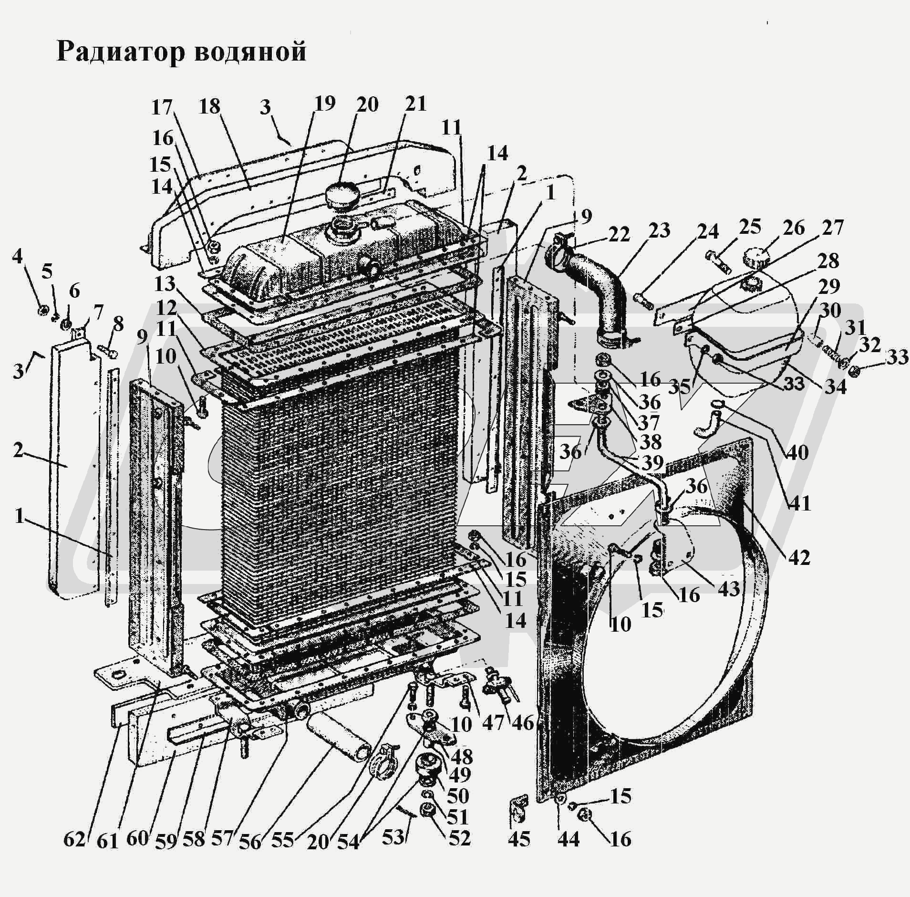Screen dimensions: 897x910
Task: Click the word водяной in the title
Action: pyautogui.click(x=250, y=52)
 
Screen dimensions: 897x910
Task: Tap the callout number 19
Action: pyautogui.click(x=324, y=104)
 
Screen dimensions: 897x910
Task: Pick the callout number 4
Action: pyautogui.click(x=17, y=257)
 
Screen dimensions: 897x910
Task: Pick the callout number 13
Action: pyautogui.click(x=165, y=285)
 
